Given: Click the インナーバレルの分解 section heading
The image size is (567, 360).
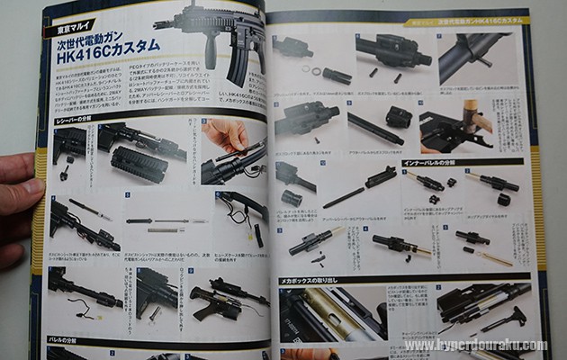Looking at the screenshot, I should click(432, 162).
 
